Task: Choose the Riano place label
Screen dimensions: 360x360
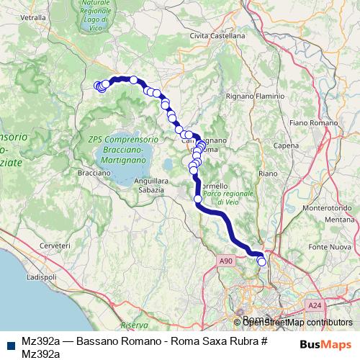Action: click(268, 174)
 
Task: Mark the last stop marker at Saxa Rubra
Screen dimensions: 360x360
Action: click(262, 262)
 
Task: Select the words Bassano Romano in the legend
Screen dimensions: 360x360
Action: click(109, 340)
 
